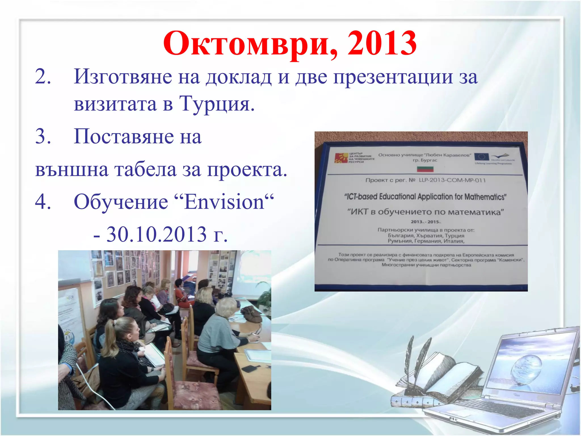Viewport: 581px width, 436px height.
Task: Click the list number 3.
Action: pos(43,137)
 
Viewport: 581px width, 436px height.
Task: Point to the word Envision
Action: pos(224,202)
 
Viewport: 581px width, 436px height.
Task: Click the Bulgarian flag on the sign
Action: pos(425,169)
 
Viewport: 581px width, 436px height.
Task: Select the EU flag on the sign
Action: pos(481,157)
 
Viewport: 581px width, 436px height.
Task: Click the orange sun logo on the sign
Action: pos(341,158)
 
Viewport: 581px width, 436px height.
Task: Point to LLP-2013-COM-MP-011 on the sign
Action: pos(452,180)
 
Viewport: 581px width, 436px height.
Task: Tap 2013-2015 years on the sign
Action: pos(426,222)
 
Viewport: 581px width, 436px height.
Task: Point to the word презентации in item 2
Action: pos(393,77)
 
